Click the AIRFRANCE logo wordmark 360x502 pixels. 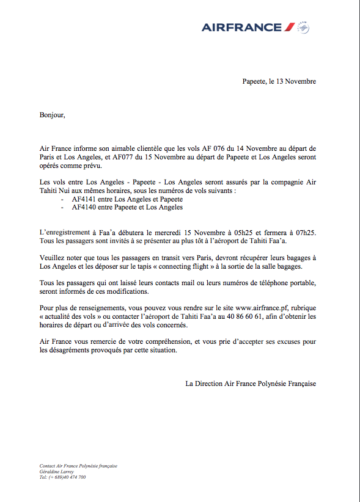pos(241,27)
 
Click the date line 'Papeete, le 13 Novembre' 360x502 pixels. pos(279,81)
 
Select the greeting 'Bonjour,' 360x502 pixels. pos(52,114)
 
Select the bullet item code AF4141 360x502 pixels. pos(84,199)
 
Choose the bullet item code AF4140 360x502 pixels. pos(84,208)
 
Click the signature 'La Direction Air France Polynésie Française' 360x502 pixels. pos(251,384)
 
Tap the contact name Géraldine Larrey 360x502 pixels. pos(57,471)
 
